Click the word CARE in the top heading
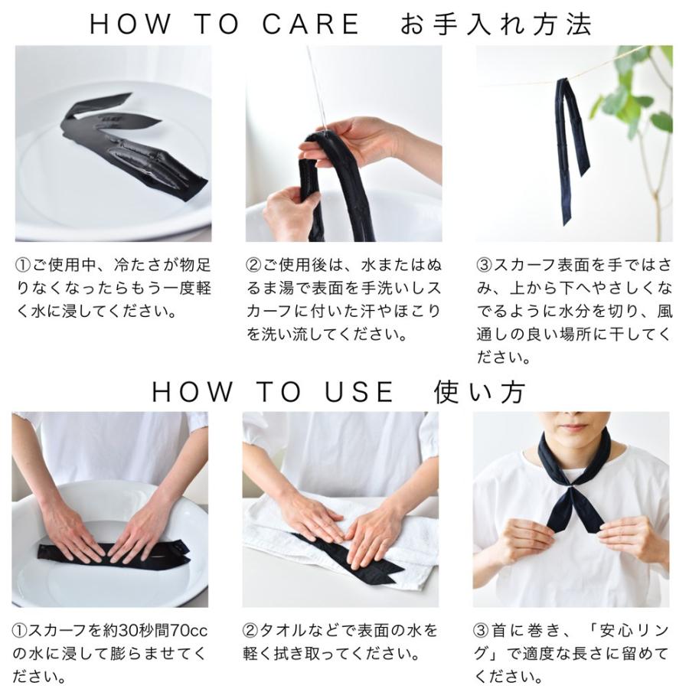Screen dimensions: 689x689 point(311,24)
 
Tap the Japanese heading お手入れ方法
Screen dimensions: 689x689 point(496,24)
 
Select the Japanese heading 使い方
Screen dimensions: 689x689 point(480,391)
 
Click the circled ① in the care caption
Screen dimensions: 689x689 point(23,265)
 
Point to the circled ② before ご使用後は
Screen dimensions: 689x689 point(253,265)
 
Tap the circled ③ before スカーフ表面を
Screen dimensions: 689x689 point(485,265)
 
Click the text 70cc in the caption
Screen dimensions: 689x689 point(188,631)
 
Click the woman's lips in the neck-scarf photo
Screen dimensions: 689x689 point(573,426)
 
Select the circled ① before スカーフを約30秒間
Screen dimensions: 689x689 point(20,631)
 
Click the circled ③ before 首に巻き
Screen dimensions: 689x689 point(482,631)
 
